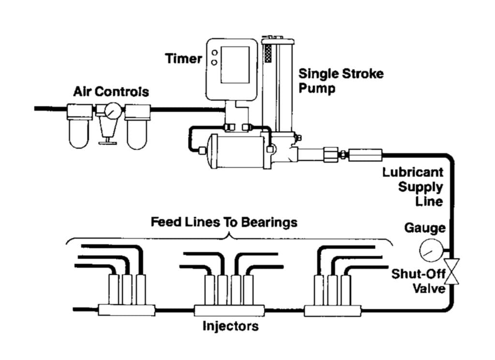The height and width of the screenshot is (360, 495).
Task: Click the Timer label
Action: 184,59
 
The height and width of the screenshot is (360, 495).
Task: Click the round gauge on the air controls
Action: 111,112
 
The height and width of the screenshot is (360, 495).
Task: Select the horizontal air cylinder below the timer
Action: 234,151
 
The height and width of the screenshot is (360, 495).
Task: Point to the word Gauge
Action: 425,227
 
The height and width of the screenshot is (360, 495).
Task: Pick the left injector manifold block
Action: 126,310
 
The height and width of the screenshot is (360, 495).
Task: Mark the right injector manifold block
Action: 333,310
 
